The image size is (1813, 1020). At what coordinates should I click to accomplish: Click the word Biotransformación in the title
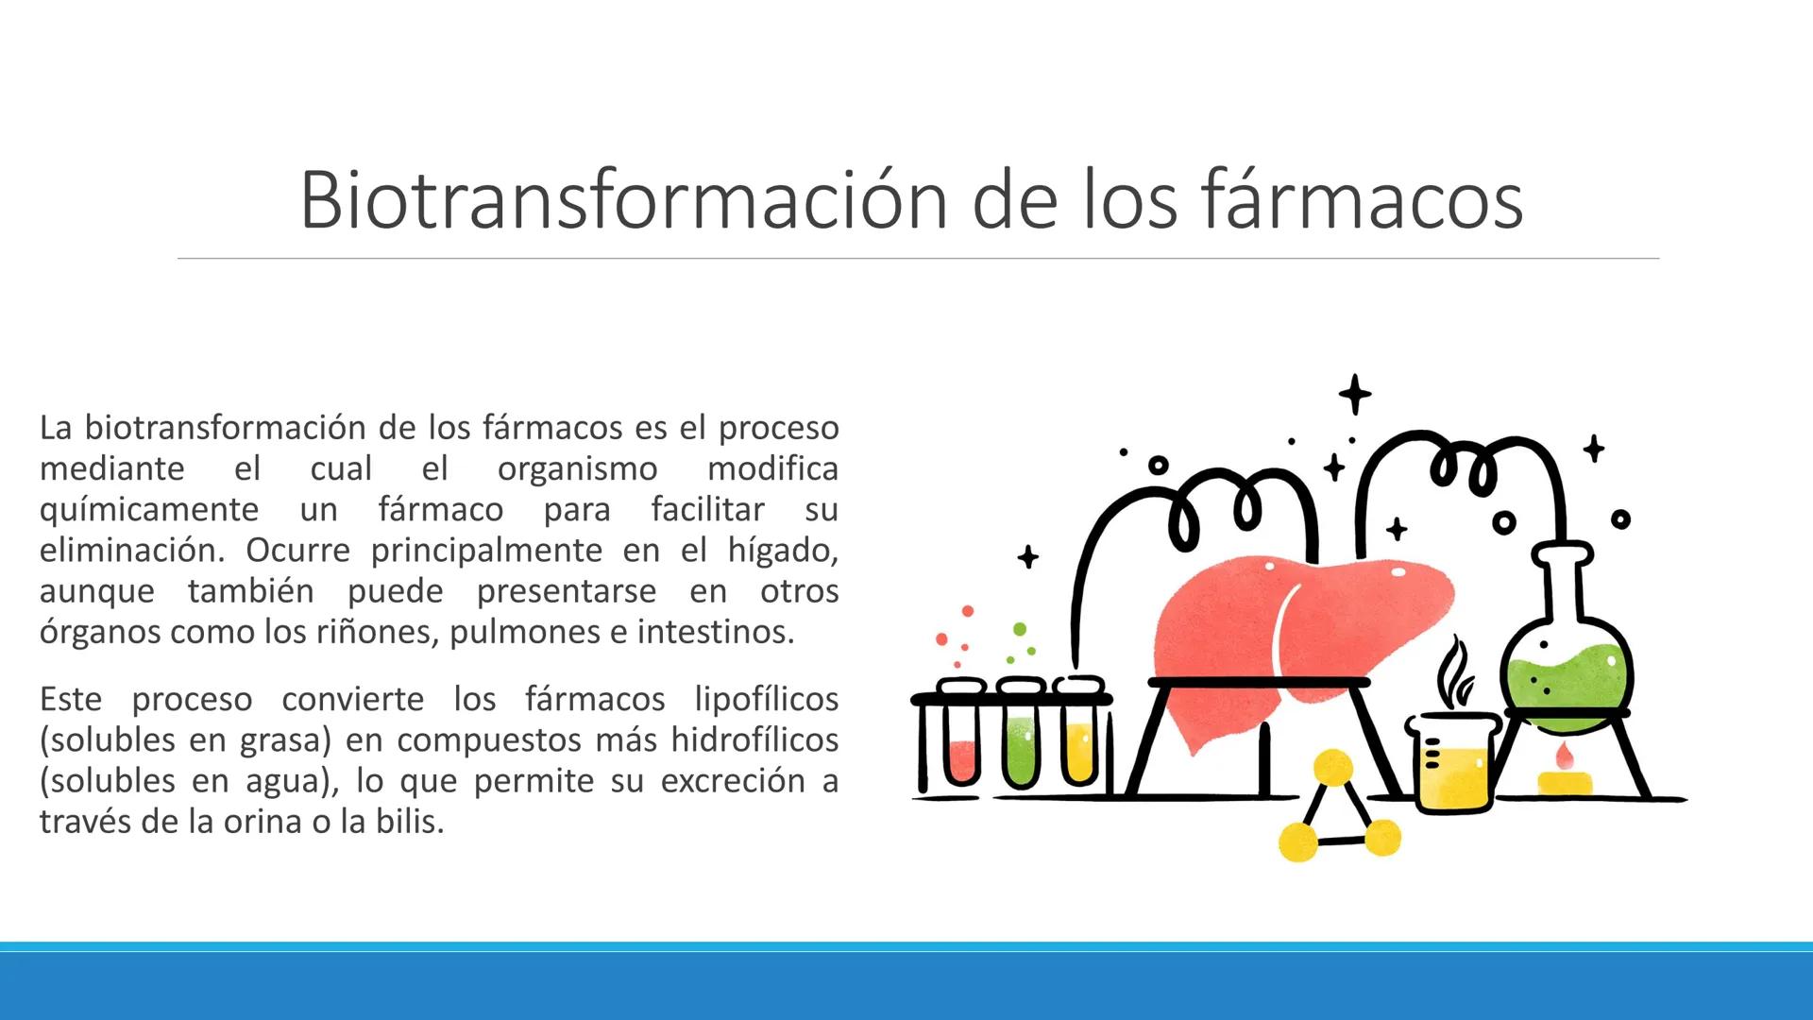(623, 200)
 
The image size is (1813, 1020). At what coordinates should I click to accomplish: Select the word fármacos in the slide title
(1363, 200)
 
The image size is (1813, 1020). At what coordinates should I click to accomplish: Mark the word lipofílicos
(766, 699)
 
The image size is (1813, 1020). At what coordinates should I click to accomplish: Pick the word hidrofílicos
(754, 739)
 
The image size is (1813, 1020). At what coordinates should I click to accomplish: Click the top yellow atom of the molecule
(1332, 768)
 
